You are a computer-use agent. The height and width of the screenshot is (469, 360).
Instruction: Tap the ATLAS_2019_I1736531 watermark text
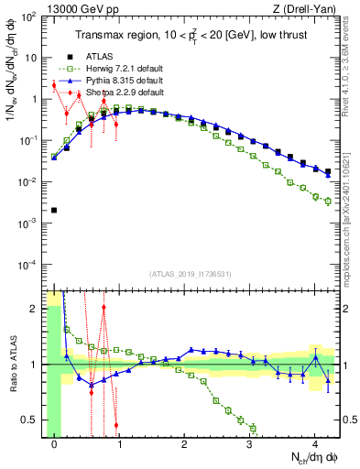pos(191,274)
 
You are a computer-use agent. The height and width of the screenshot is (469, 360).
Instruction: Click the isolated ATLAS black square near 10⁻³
pos(54,210)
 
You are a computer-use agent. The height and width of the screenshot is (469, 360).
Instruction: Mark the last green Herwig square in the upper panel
pos(329,201)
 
